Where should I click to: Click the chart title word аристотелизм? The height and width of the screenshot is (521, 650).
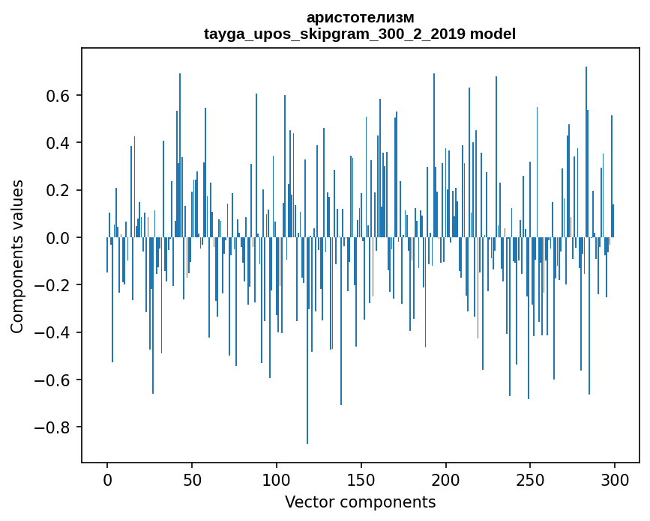click(x=360, y=17)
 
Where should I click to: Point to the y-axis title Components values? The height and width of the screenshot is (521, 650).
click(x=17, y=256)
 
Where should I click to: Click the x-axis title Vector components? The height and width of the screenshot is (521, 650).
click(x=360, y=502)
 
